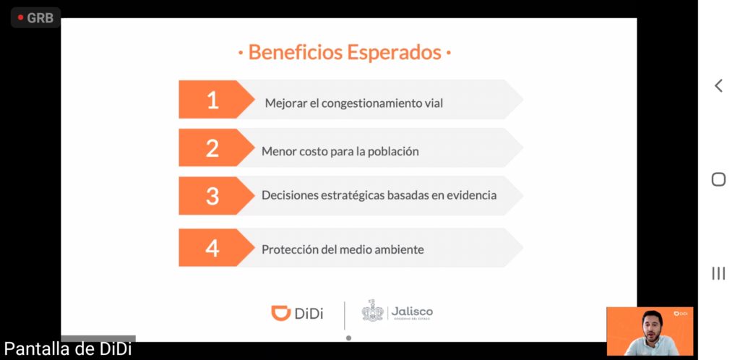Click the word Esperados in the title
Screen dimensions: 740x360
tap(394, 52)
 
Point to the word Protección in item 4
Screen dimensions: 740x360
tap(290, 249)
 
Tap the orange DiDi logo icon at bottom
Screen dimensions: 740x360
tap(281, 313)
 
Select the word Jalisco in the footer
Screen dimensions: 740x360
tap(411, 312)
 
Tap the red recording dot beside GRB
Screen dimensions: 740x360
tap(20, 18)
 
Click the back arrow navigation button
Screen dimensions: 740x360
tap(718, 86)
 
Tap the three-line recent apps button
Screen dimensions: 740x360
tap(718, 273)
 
